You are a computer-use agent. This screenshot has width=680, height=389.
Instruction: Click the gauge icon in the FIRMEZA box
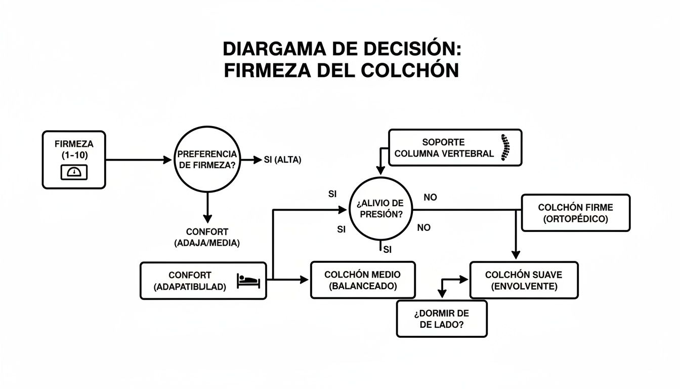pos(74,172)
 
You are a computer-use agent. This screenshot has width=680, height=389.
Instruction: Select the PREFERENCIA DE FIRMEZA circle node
pos(206,160)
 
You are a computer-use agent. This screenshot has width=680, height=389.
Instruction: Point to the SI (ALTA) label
pos(282,160)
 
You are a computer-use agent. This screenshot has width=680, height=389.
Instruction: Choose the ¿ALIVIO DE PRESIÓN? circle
pos(381,209)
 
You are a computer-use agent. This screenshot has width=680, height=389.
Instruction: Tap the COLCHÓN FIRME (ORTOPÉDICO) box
pos(575,213)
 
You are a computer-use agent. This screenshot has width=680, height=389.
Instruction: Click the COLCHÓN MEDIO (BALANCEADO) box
pos(362,280)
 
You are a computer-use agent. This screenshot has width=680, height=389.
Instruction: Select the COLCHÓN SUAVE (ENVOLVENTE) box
pos(524,280)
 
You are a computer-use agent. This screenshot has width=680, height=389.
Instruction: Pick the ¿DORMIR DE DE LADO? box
pos(441,319)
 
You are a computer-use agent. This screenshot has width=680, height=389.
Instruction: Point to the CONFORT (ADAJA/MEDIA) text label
pos(206,237)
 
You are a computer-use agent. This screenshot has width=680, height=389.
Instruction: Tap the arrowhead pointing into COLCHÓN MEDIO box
pos(304,280)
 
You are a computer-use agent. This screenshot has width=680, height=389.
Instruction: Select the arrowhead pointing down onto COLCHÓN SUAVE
pos(515,255)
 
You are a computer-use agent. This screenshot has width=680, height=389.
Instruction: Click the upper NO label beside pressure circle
pos(430,198)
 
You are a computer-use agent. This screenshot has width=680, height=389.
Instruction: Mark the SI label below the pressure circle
pos(388,249)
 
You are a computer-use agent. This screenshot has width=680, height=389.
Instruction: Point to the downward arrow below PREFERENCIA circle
pos(206,208)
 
